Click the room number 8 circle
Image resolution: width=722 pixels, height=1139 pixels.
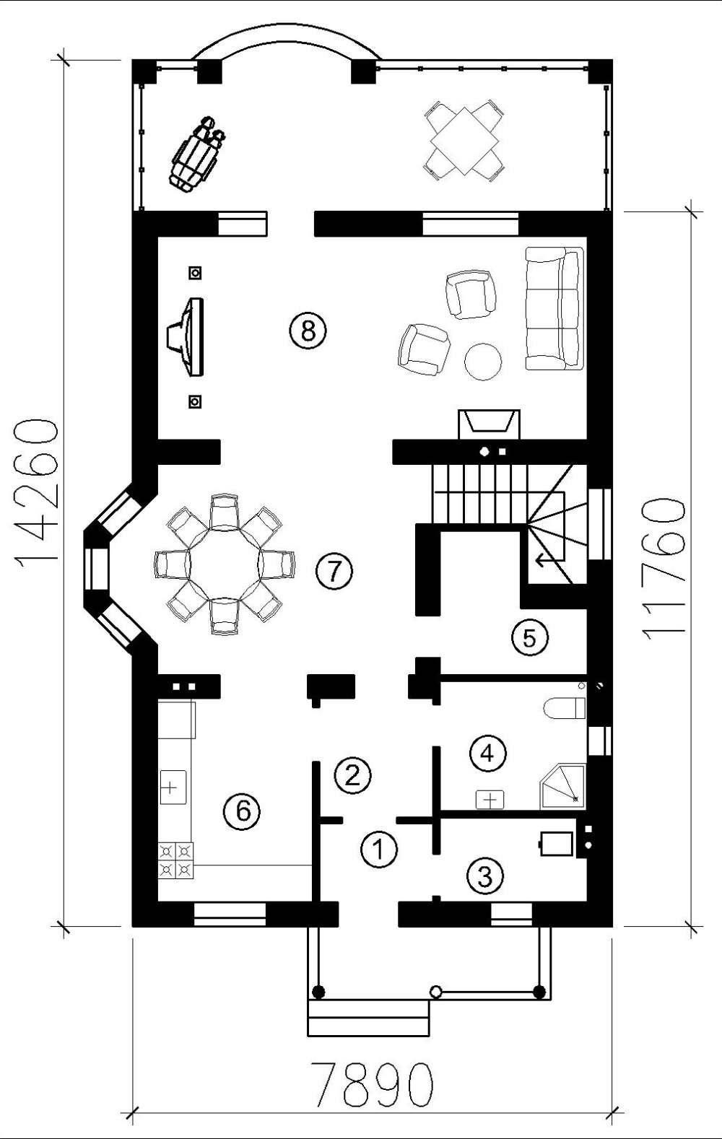[308, 331]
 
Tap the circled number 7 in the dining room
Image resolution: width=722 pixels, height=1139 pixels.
[334, 571]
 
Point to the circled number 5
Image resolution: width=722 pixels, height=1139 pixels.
[530, 637]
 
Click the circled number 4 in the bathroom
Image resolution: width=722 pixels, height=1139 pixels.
[487, 753]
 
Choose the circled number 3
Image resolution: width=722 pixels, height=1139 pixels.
[486, 876]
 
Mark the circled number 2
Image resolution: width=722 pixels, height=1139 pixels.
[352, 775]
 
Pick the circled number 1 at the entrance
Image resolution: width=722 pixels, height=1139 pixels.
[379, 849]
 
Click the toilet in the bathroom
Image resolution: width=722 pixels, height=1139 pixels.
[565, 708]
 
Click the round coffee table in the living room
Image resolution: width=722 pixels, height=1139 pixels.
[483, 362]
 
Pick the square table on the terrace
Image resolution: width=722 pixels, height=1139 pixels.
[465, 140]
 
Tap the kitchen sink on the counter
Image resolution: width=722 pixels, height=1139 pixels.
[173, 787]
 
